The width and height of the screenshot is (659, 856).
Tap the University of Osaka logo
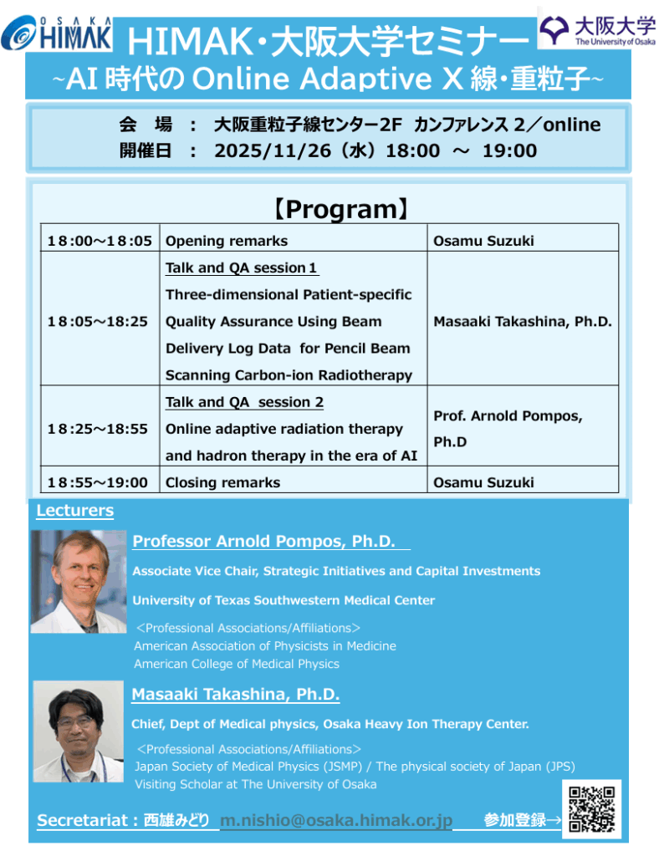(597, 30)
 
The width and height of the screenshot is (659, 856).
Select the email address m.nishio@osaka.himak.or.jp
(335, 820)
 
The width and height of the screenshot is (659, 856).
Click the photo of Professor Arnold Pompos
(79, 582)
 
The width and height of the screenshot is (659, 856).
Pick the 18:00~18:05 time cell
(100, 241)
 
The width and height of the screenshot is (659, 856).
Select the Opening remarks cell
(227, 241)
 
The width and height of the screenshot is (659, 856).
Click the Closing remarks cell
(223, 482)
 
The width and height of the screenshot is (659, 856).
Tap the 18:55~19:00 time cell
(100, 482)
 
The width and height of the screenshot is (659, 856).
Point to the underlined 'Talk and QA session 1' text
(242, 268)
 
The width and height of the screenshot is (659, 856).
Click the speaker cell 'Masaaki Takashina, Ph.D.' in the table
(523, 322)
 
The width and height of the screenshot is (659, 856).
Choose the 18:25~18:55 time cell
(100, 429)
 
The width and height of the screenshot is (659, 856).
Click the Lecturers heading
(75, 510)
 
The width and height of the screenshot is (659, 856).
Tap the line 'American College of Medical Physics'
(237, 664)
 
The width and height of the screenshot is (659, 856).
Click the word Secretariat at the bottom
(83, 821)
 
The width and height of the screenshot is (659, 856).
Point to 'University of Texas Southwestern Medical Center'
(284, 600)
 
